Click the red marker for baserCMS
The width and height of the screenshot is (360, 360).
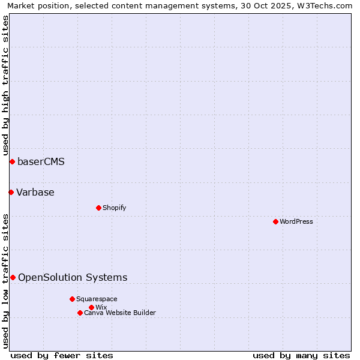coord(12,162)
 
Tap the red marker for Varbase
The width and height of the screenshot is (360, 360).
coord(11,192)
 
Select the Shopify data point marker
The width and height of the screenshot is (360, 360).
coord(99,208)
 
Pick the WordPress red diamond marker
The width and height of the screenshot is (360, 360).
coord(275,221)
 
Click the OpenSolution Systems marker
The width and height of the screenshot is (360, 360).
coord(13,277)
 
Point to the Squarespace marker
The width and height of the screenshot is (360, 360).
coord(72,299)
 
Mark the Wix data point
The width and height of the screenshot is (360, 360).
coord(91,307)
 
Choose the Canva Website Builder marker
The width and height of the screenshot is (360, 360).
coord(80,313)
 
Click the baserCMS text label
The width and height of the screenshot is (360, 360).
coord(41,162)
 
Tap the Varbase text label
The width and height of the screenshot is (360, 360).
coord(35,192)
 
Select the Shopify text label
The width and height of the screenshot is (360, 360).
coord(114,208)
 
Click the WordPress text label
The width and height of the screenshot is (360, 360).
coord(296,221)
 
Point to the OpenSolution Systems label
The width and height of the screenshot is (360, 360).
coord(73,277)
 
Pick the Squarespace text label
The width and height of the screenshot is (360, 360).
coord(97,299)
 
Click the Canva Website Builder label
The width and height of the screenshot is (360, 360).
coord(120,313)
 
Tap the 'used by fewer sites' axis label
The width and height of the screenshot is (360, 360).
coord(62,355)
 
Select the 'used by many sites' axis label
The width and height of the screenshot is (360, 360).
coord(301,355)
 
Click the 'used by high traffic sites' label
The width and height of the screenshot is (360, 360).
coord(5,85)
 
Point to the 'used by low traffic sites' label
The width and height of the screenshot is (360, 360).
coord(5,280)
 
